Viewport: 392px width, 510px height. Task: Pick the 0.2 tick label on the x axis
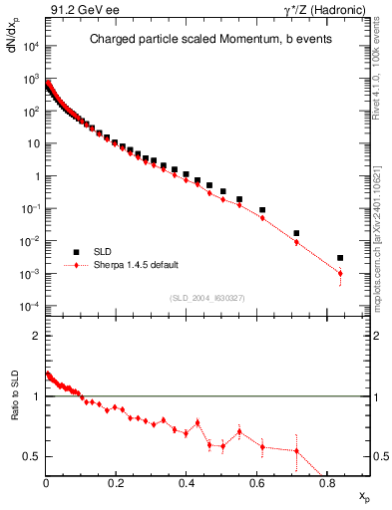[x=117, y=485]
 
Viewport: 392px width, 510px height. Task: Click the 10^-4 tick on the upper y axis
[x=30, y=306]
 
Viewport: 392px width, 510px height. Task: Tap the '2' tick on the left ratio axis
[x=36, y=336]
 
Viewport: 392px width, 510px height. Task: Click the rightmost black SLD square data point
[x=340, y=258]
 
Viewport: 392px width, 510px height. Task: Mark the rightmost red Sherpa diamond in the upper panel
[x=340, y=274]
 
